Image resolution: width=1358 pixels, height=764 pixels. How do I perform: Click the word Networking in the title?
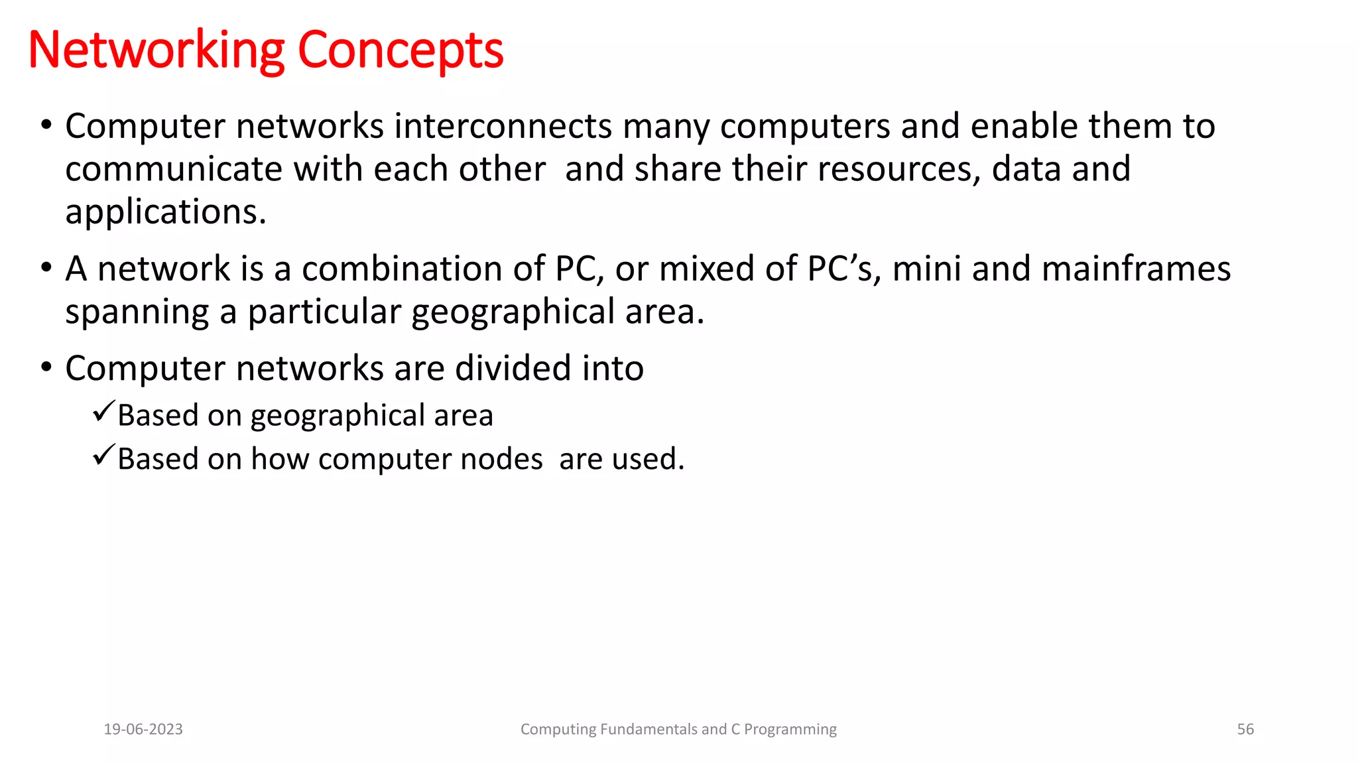coord(156,50)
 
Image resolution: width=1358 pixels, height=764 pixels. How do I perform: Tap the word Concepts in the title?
coord(401,50)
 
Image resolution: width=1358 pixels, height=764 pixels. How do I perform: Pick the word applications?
coord(165,212)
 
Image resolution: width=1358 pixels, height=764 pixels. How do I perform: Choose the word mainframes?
coord(1136,269)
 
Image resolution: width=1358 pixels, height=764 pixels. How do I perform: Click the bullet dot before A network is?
coord(46,269)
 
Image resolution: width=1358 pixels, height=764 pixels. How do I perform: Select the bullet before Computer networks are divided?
coord(46,367)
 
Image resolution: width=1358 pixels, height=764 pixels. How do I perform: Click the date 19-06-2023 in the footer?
coord(143,730)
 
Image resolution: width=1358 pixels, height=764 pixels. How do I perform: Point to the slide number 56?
coord(1245,730)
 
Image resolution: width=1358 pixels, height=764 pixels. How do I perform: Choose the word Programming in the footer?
coord(790,730)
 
